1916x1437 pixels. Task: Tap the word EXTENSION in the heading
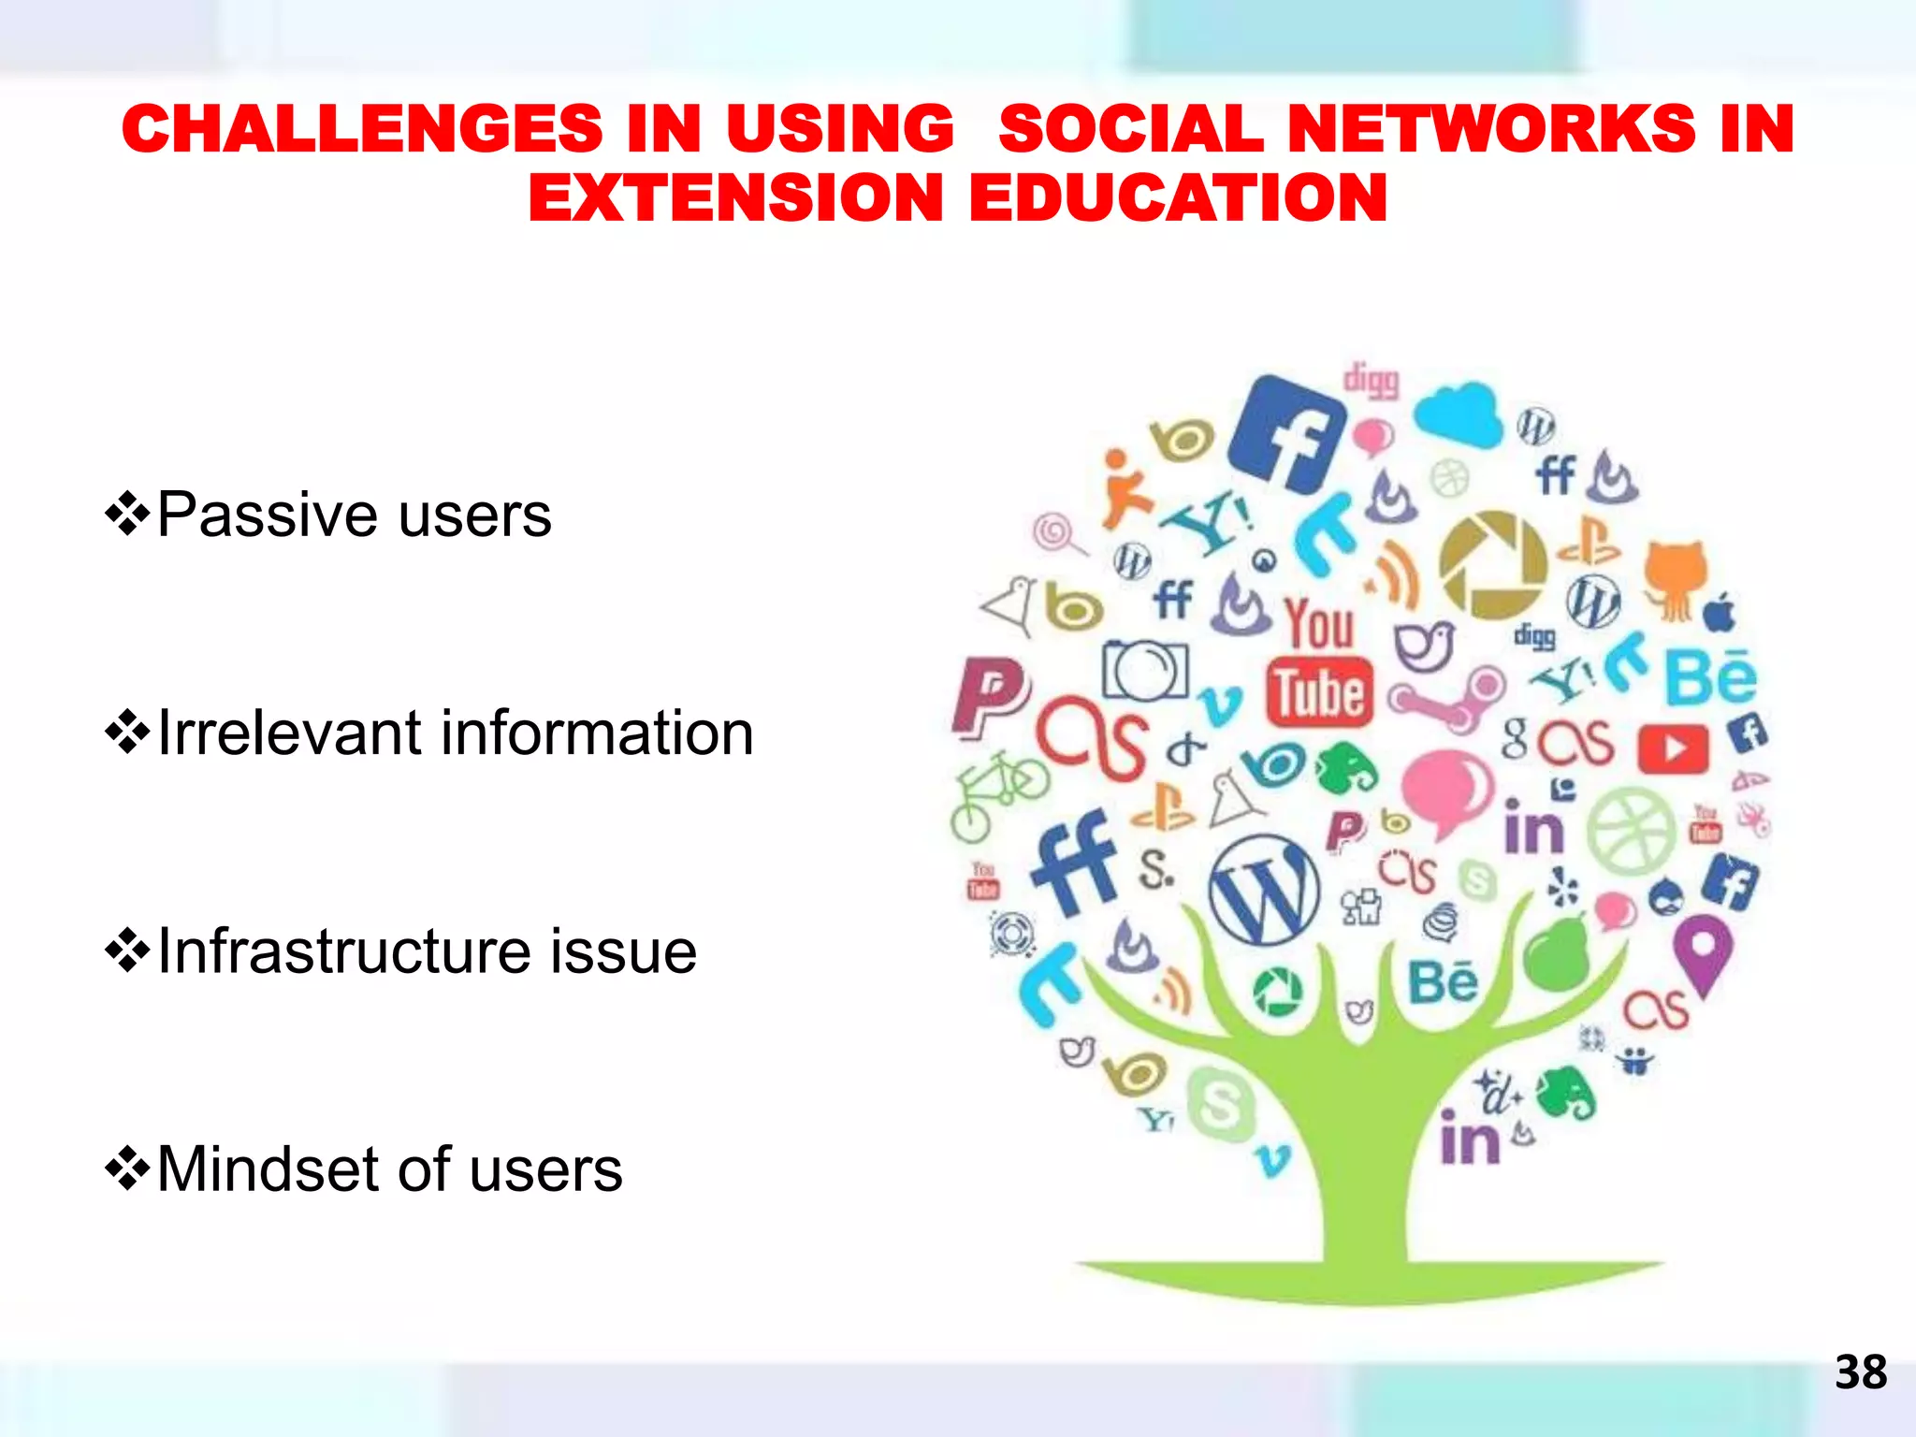735,198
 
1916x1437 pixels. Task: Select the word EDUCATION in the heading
1178,198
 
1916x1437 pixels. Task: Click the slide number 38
1860,1372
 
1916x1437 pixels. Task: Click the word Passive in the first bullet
270,515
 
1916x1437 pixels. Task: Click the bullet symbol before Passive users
127,515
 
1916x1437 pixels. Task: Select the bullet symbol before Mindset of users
127,1168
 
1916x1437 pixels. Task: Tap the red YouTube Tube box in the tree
1320,692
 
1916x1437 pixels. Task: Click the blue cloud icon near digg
1457,413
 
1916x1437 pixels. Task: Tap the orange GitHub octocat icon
1676,575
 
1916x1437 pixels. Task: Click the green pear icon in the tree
1558,954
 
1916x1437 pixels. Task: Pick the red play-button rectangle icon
1673,748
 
